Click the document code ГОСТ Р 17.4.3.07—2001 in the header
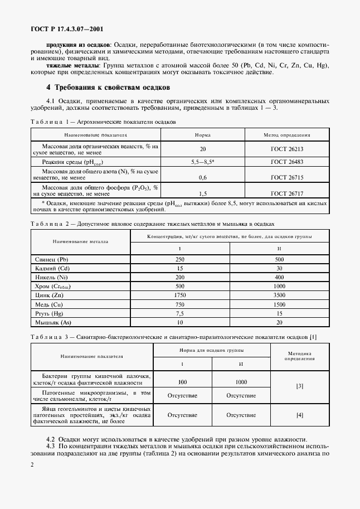tap(66, 28)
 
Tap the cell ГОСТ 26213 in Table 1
tap(287, 149)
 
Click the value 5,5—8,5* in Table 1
tap(202, 162)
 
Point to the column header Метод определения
tap(287, 135)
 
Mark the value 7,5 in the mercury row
tap(179, 314)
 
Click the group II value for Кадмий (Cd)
tap(279, 268)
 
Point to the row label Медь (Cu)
tap(49, 305)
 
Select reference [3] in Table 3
tap(300, 386)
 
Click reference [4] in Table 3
tap(300, 415)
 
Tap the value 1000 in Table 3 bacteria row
tap(241, 382)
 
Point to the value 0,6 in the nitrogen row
tap(202, 178)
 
